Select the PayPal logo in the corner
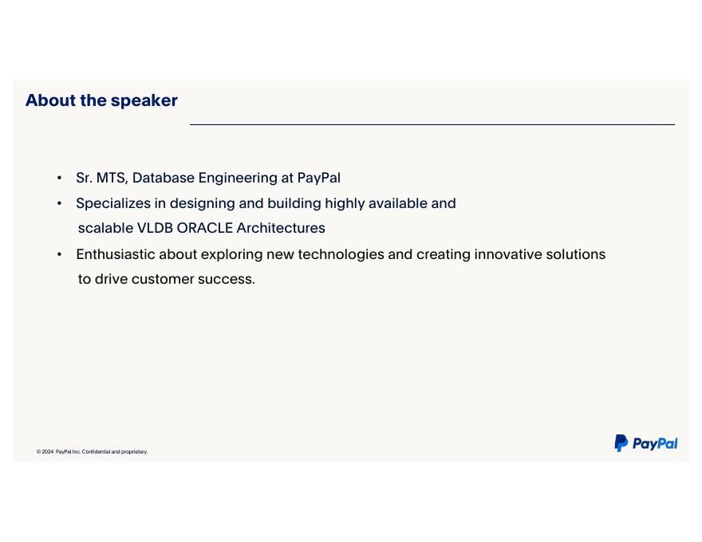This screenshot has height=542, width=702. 645,443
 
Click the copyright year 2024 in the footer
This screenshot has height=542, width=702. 47,452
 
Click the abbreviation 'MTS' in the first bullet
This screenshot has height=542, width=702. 112,178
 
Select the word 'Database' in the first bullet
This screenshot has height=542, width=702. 164,178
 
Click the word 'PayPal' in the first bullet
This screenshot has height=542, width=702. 319,179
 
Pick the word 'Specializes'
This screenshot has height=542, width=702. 113,204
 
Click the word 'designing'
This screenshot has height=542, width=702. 202,204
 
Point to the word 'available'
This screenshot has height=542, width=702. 397,203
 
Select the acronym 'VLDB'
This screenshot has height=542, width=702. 155,228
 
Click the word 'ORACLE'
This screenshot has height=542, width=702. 204,228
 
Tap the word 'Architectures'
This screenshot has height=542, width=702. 281,228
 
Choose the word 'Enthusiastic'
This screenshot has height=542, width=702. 116,254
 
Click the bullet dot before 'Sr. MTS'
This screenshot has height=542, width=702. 60,179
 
